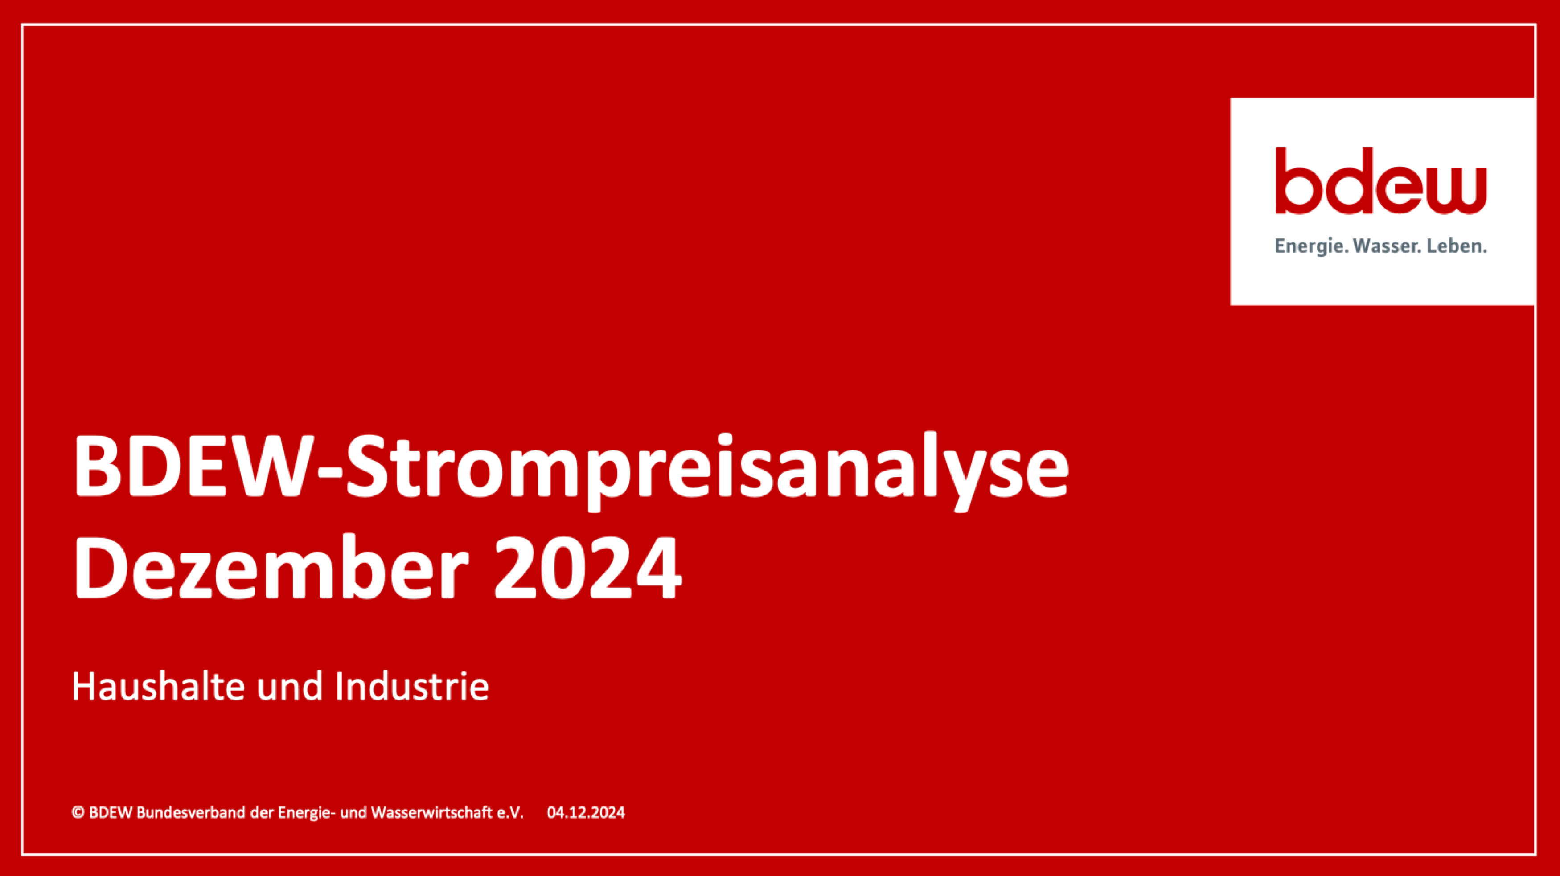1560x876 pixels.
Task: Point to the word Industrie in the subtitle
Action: pos(411,688)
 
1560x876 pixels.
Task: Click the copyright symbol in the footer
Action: pos(78,812)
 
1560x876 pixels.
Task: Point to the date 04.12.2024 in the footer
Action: pos(586,812)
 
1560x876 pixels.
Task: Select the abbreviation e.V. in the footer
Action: pos(509,812)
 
